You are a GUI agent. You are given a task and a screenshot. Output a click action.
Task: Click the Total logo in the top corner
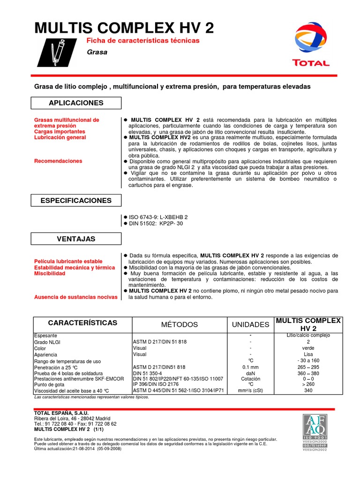(311, 45)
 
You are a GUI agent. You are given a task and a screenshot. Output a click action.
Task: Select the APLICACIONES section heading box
(76, 103)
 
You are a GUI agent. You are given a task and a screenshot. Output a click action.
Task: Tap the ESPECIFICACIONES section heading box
(76, 200)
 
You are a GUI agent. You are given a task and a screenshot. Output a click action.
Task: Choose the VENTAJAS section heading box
(76, 239)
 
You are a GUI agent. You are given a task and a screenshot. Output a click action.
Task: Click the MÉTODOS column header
(180, 324)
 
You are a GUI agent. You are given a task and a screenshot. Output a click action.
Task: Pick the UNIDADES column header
(251, 324)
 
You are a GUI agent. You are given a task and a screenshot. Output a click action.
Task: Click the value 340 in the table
(308, 390)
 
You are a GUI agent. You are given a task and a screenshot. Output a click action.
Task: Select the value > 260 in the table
(308, 384)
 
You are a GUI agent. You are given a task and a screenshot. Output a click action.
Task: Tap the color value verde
(308, 348)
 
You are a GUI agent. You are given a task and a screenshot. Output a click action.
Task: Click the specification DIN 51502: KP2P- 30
(156, 224)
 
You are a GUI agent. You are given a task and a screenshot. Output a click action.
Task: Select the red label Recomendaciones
(59, 161)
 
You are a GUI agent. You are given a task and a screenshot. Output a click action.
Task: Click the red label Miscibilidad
(50, 273)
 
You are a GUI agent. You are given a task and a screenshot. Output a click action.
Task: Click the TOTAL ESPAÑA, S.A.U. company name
(62, 413)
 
